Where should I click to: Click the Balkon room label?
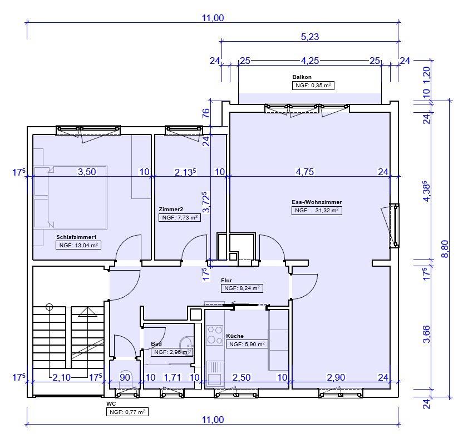302,77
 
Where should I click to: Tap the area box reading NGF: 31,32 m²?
317,211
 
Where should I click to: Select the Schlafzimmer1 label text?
77,237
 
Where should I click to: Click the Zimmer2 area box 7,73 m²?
180,218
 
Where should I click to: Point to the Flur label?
226,280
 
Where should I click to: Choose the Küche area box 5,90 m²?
247,345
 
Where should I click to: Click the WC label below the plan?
111,404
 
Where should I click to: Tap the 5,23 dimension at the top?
310,37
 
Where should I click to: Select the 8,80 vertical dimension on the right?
445,249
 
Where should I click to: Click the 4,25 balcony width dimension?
310,61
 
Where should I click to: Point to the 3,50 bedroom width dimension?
87,172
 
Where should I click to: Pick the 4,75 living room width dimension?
304,172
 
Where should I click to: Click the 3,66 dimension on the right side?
427,334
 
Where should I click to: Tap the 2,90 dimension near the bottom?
336,377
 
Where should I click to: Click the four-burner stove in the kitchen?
215,335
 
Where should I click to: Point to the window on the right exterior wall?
395,226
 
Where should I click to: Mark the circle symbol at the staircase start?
49,306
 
